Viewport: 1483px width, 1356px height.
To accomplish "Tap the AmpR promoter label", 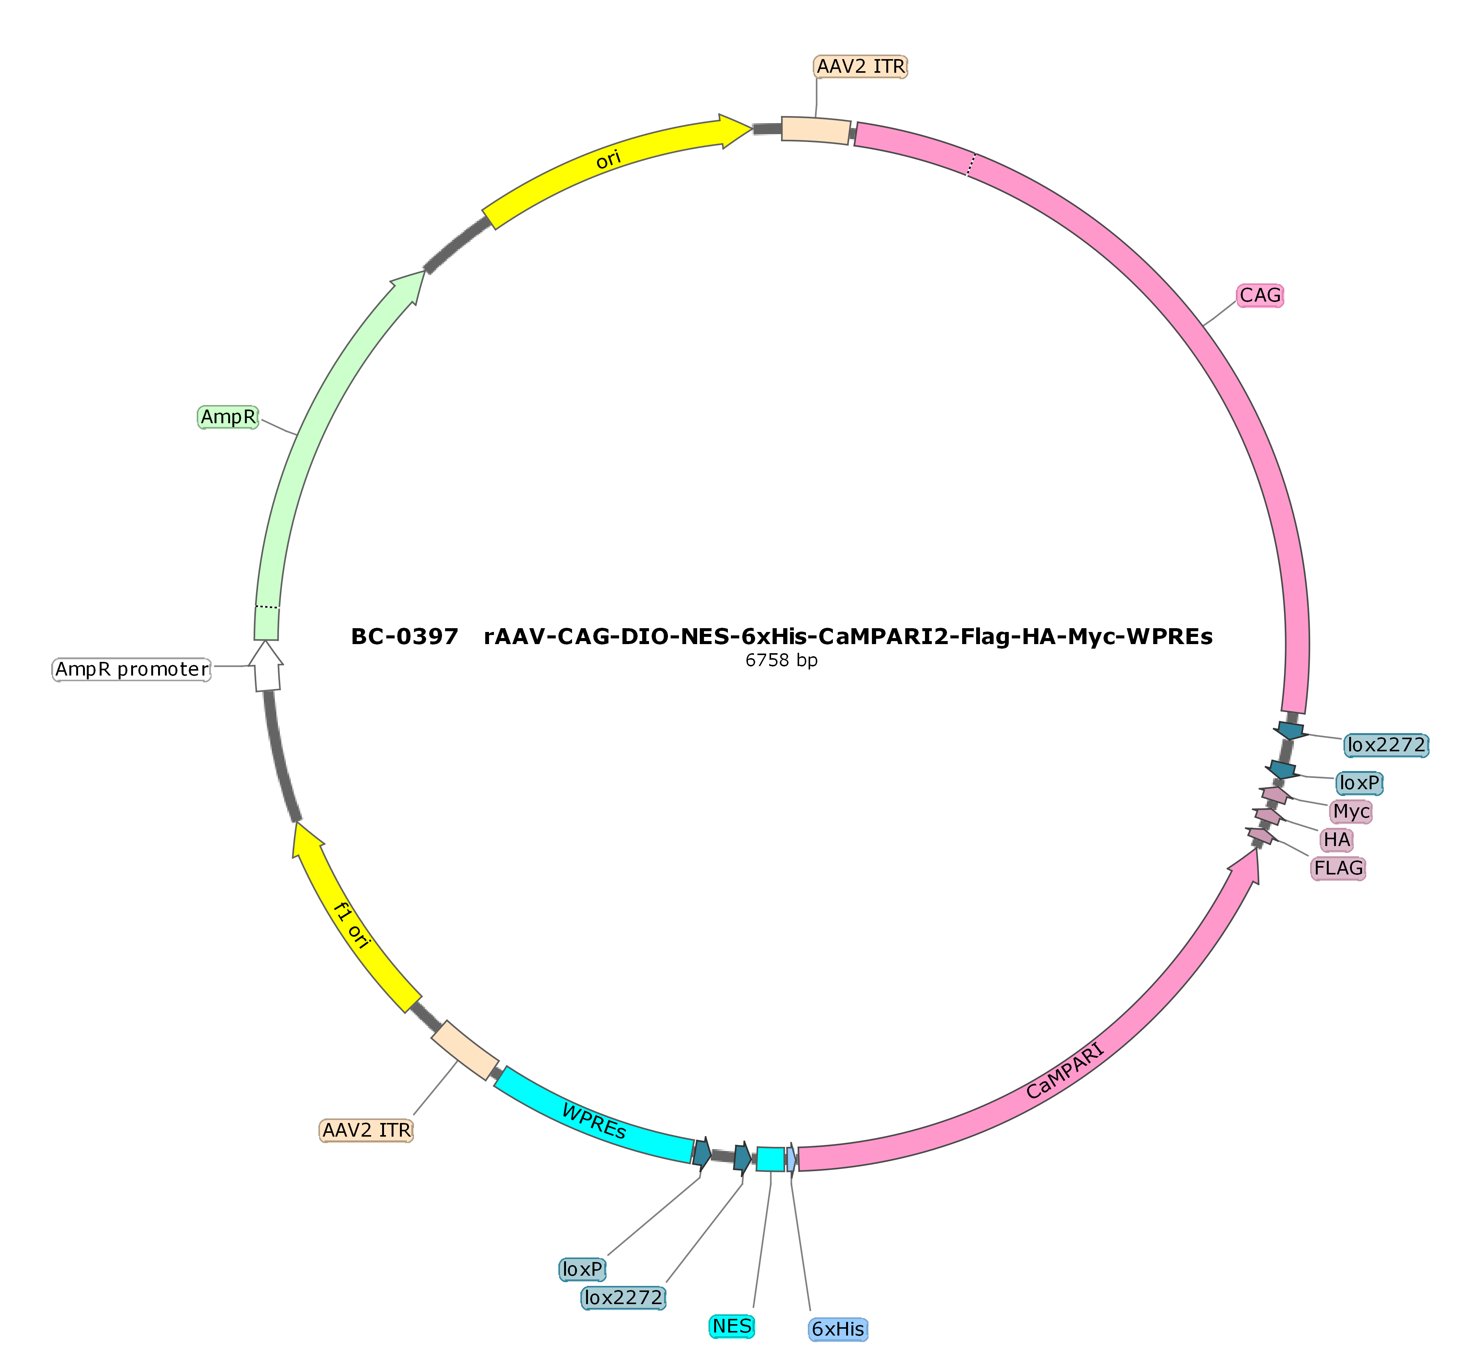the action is [x=132, y=669].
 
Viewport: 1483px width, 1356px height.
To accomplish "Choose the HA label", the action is [x=1337, y=839].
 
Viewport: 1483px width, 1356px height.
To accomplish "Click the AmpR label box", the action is [x=228, y=417].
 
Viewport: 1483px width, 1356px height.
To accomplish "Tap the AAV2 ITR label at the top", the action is [x=861, y=66].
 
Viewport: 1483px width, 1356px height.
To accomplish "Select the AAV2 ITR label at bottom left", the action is [x=366, y=1129].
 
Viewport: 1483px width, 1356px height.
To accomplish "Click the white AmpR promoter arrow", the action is [x=266, y=666].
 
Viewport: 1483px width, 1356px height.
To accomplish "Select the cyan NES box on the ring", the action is [x=770, y=1159].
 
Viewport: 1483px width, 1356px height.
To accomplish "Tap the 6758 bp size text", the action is [x=781, y=660].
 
